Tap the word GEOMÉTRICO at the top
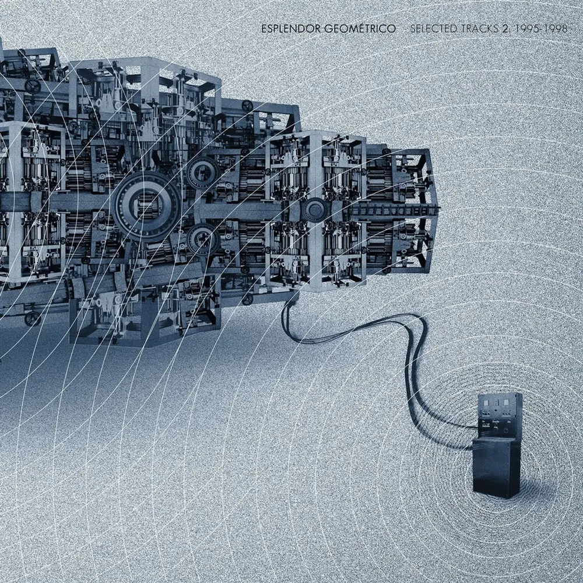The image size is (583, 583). (360, 29)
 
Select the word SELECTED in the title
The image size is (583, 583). (433, 29)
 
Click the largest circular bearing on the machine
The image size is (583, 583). (146, 207)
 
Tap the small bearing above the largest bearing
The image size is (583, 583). (203, 172)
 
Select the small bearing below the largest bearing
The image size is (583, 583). (203, 240)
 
